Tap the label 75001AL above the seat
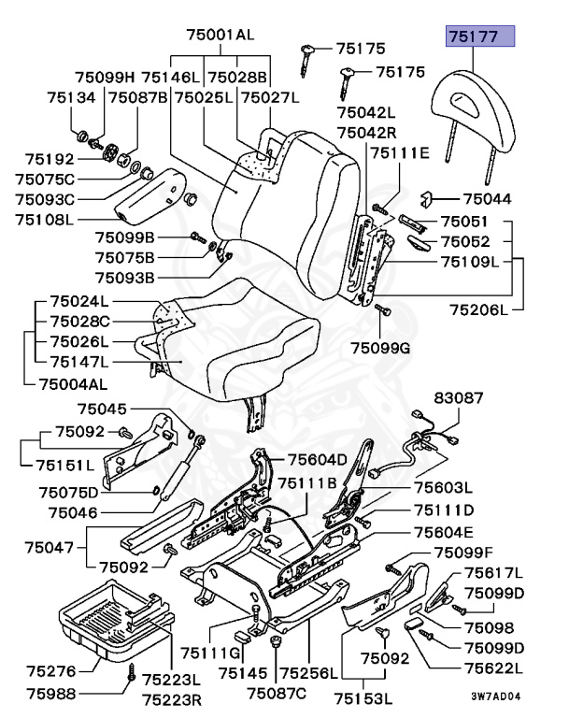tap(220, 35)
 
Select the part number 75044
tap(487, 199)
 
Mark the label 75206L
tap(480, 309)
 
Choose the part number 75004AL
tap(72, 383)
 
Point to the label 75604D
tap(317, 459)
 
